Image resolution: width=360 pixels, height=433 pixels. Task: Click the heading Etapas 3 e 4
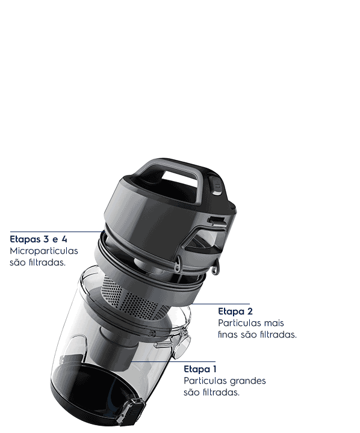coord(39,239)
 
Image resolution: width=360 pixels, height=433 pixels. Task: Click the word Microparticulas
coord(44,251)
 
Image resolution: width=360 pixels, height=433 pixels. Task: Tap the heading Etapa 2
coord(235,312)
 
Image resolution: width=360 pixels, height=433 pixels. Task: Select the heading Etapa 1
coord(200,369)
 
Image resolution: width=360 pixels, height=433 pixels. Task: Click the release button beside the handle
coord(217,186)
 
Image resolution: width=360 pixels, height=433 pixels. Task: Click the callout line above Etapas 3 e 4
coord(57,232)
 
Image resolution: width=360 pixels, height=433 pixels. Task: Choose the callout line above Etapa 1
coord(173,361)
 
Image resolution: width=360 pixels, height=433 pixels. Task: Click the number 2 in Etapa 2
coord(250,312)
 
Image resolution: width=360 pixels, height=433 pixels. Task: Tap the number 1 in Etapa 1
coord(214,369)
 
